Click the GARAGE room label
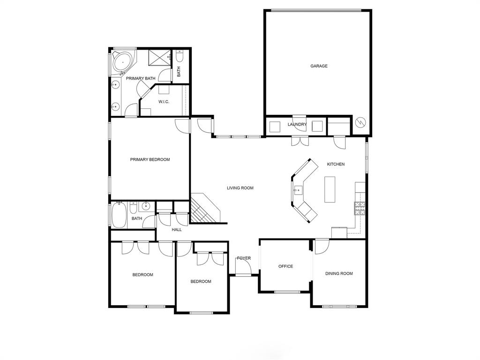[319, 66]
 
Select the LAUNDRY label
[297, 125]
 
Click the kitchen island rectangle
[330, 189]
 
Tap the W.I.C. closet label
[164, 102]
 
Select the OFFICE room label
[285, 266]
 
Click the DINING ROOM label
[339, 273]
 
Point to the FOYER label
[244, 258]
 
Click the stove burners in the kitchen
[360, 208]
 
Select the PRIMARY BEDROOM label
[150, 159]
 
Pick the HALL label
[177, 230]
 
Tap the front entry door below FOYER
[243, 270]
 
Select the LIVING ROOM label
[240, 188]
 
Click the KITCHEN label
[336, 164]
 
